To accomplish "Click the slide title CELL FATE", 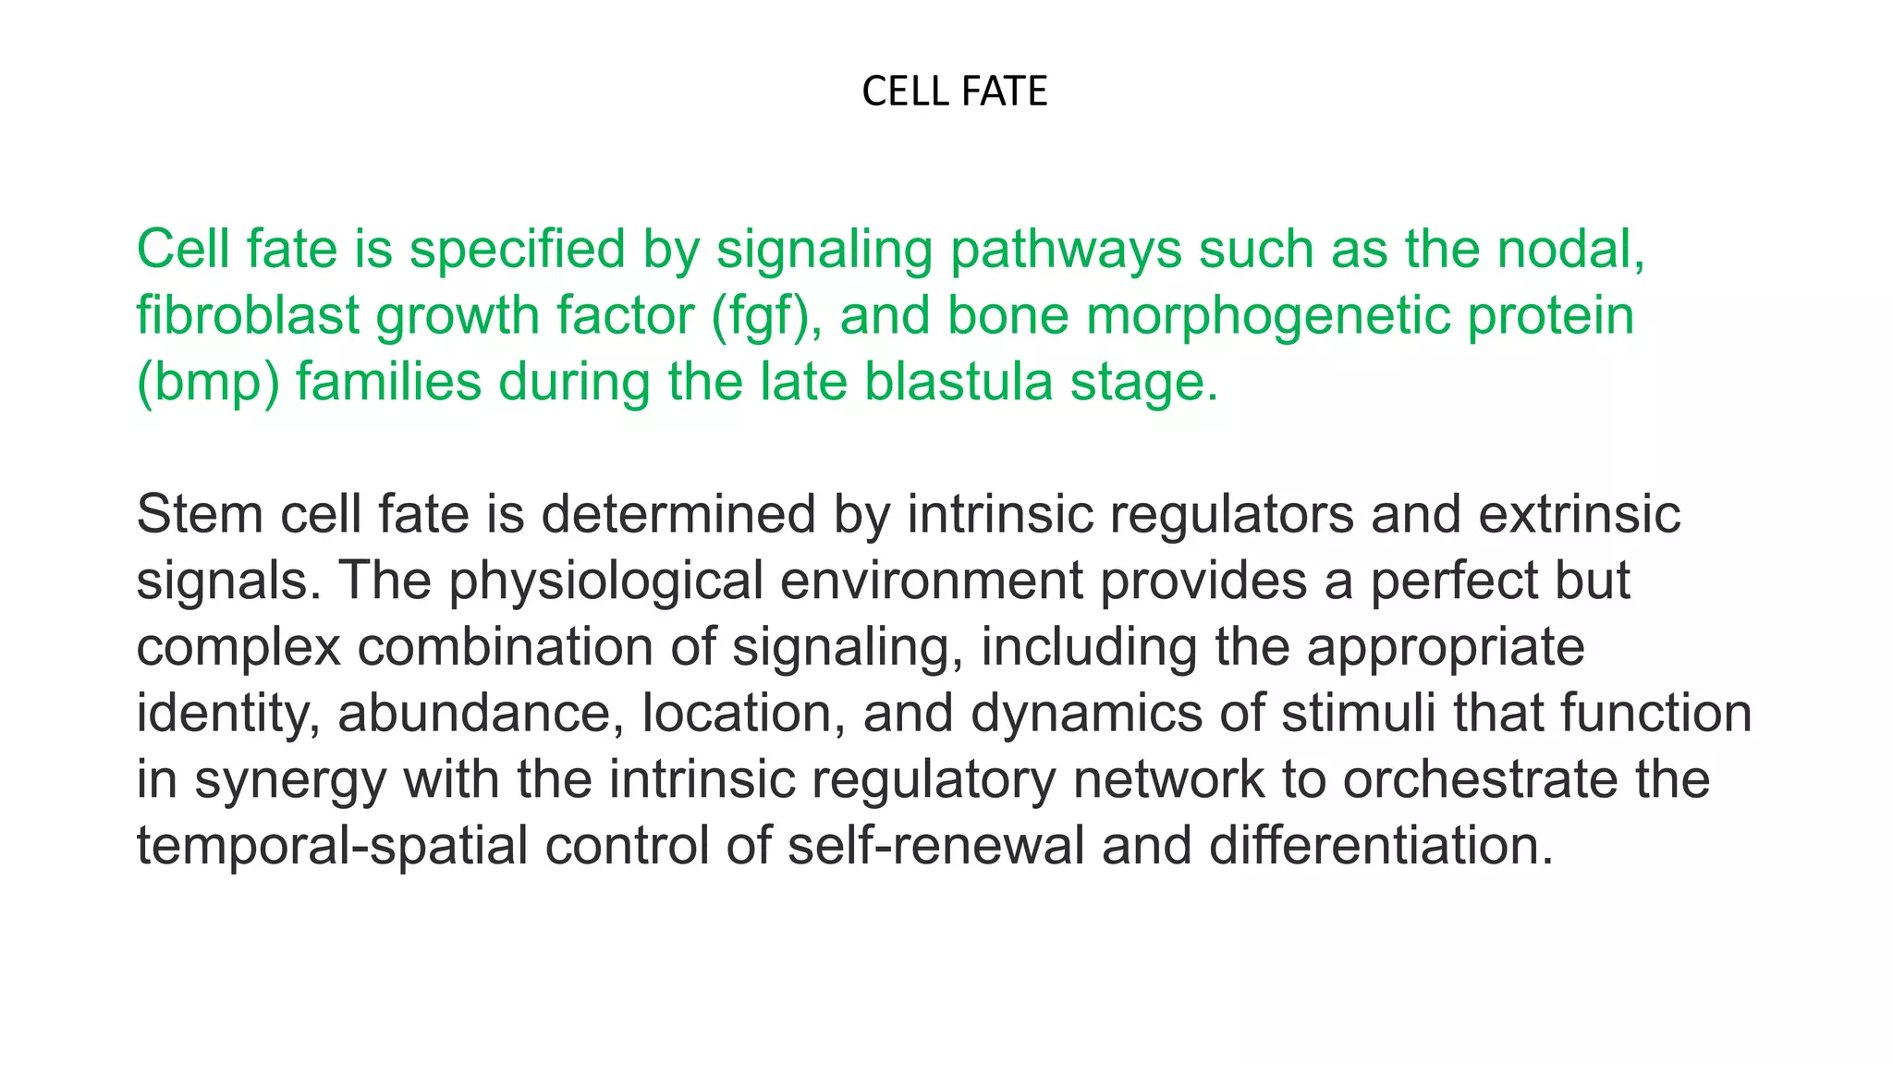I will pyautogui.click(x=954, y=92).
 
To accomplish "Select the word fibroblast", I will pyautogui.click(x=247, y=315).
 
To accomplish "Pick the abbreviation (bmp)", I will pyautogui.click(x=207, y=383).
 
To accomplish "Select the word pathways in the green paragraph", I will pyautogui.click(x=1066, y=250).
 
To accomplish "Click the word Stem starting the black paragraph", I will pyautogui.click(x=200, y=514).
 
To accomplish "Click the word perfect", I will pyautogui.click(x=1453, y=581).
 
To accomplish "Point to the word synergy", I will pyautogui.click(x=290, y=780).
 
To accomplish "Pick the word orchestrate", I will pyautogui.click(x=1480, y=779).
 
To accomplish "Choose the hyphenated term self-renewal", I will pyautogui.click(x=935, y=846).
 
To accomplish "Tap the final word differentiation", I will pyautogui.click(x=1381, y=846).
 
